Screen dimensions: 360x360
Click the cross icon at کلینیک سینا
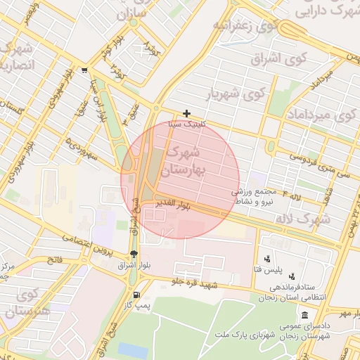pos(186,113)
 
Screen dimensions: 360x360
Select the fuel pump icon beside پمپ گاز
pos(136,295)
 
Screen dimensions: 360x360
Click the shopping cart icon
pos(85,70)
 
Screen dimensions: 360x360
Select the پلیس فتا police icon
pos(266,258)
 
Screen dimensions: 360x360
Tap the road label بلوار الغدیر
pos(175,205)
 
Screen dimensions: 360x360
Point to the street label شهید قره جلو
pos(198,284)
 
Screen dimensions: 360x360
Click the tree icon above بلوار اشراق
pos(134,255)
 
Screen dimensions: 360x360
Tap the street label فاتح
pos(53,260)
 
